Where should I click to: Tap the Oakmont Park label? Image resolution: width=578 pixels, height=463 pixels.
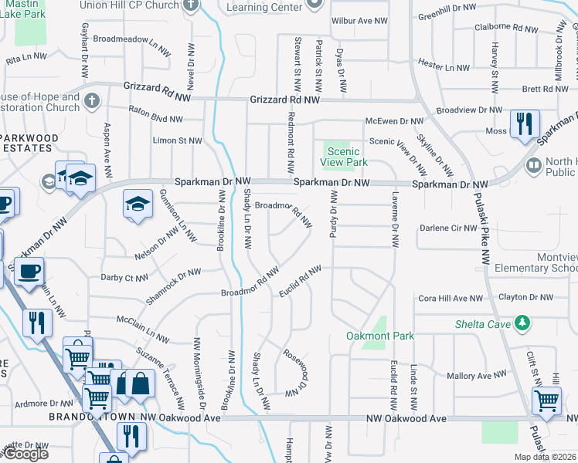coord(381,336)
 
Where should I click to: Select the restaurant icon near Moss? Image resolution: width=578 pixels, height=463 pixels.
coord(524,123)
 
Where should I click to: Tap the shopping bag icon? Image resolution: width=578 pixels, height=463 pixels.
coord(140,383)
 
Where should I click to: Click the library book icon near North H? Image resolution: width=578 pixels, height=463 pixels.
coord(533,164)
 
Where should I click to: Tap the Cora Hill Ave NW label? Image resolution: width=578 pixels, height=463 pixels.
coord(450,298)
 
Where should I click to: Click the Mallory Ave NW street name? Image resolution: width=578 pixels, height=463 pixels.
coord(471,376)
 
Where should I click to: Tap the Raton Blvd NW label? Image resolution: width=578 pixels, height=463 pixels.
coord(155,120)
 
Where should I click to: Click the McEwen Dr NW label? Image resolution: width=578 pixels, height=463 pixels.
coord(395,121)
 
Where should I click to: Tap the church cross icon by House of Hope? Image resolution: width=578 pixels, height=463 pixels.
coord(91,100)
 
